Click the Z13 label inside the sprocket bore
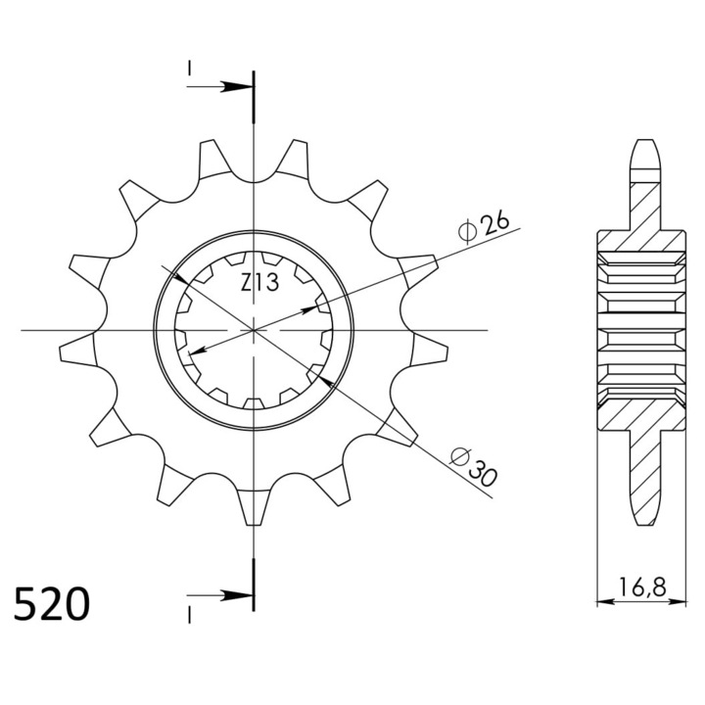260,283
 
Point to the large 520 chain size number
52,604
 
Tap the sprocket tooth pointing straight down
255,506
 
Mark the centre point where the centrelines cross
254,331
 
